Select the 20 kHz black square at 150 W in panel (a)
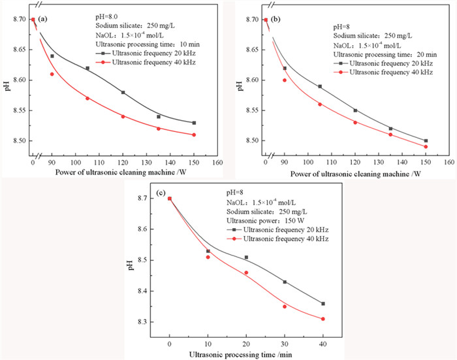[194, 123]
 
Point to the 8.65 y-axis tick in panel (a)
[18, 50]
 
